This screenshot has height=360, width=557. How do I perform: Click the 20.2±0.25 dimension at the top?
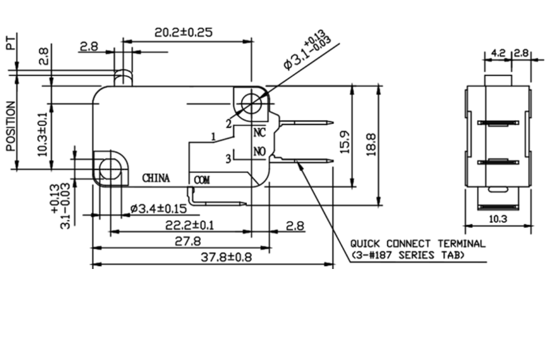point(183,32)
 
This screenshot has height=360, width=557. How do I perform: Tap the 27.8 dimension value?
point(188,241)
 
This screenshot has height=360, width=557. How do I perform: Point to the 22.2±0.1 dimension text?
point(190,225)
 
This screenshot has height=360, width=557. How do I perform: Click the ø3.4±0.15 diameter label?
point(158,208)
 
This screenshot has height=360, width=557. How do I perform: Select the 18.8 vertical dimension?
point(371,144)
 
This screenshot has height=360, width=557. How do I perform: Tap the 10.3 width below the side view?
point(498,219)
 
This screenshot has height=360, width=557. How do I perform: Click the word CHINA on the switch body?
point(156,178)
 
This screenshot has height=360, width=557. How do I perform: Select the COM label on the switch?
point(202,179)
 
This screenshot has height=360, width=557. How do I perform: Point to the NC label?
point(260,133)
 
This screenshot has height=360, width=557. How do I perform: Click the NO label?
point(260,152)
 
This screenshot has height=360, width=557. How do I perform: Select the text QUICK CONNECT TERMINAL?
point(417,244)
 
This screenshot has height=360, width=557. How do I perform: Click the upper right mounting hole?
point(250,104)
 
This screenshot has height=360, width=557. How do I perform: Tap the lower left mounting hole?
point(109,169)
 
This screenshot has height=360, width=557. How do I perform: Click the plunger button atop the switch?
point(122,78)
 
